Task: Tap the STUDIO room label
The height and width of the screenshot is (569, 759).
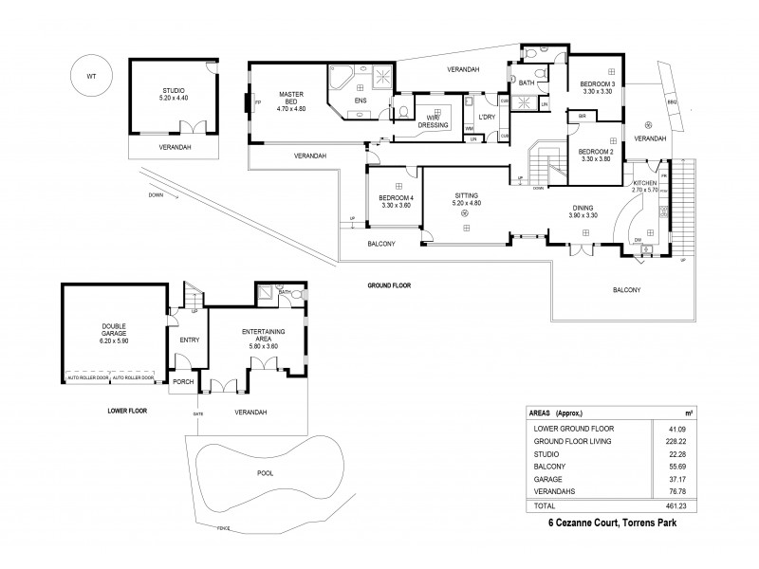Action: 175,89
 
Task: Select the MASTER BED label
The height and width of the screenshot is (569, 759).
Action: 290,94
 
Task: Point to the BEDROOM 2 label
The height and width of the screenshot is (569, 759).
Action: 598,152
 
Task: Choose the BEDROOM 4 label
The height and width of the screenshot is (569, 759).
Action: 394,197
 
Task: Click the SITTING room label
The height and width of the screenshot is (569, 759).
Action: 465,194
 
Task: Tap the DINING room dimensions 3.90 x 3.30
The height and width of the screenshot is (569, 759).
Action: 583,215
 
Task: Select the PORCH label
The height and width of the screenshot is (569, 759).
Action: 182,383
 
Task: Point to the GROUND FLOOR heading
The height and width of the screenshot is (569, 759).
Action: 389,284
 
